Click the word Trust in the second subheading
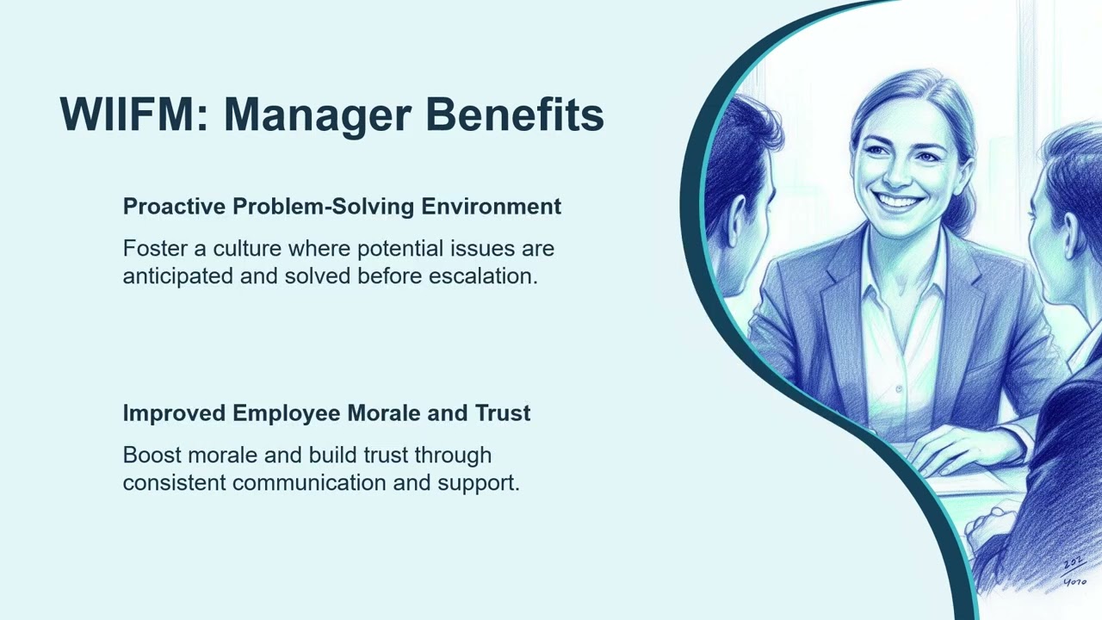tap(503, 413)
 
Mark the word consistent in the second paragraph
tap(175, 482)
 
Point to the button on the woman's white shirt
tap(898, 389)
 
